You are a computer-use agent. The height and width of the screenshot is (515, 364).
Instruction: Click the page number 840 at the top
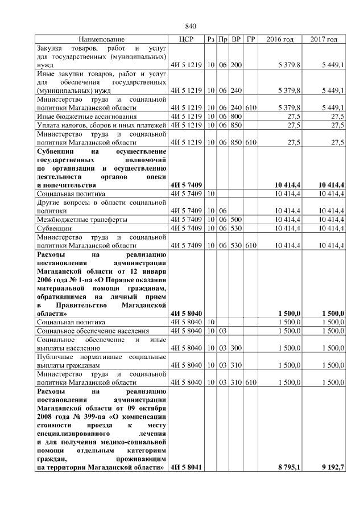tap(191, 26)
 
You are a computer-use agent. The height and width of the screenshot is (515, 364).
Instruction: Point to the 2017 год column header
tap(324, 39)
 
